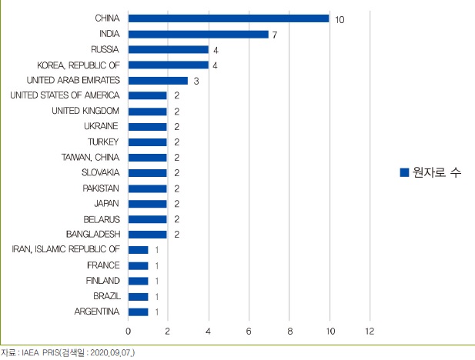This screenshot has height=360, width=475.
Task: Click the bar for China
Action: (229, 18)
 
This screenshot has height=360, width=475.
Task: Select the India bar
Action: (198, 34)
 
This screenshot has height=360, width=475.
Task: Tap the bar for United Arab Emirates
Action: (158, 80)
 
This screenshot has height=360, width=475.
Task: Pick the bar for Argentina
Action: (138, 312)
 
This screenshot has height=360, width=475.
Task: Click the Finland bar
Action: (138, 281)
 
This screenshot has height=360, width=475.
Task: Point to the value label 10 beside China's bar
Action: (340, 18)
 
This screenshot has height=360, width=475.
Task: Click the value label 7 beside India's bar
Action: (275, 34)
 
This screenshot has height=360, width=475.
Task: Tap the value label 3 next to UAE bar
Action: (195, 80)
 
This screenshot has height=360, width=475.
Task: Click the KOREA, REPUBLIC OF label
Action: (79, 65)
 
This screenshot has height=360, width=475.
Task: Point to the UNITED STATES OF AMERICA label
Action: (65, 95)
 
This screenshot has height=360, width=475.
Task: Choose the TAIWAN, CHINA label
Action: (90, 157)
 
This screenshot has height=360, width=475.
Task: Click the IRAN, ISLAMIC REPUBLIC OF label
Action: (66, 249)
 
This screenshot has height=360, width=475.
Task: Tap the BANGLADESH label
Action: (92, 234)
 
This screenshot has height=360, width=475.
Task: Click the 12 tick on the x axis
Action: (370, 331)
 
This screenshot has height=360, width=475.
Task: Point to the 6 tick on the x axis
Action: (249, 331)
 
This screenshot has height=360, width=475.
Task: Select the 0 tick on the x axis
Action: (128, 331)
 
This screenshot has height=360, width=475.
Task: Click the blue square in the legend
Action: (403, 173)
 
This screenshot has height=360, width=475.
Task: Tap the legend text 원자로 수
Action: (436, 173)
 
